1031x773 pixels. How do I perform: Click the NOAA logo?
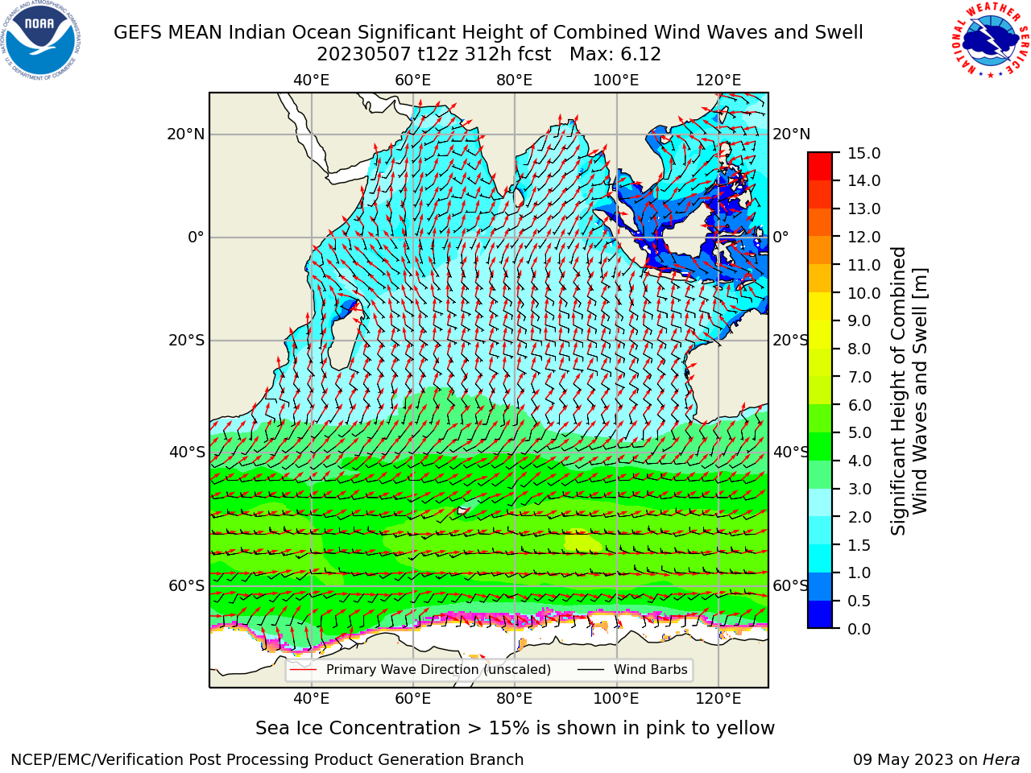pyautogui.click(x=40, y=40)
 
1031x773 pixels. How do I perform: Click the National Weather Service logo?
pyautogui.click(x=990, y=40)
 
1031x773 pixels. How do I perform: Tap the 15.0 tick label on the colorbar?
pyautogui.click(x=863, y=154)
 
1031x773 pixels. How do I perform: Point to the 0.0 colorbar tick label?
pyautogui.click(x=859, y=629)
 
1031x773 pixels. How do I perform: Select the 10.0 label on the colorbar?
pyautogui.click(x=863, y=293)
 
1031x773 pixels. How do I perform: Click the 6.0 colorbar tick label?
pyautogui.click(x=859, y=405)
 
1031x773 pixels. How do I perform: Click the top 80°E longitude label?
pyautogui.click(x=515, y=81)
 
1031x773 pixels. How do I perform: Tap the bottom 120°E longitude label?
pyautogui.click(x=718, y=698)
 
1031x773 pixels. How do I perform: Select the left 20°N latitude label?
pyautogui.click(x=186, y=134)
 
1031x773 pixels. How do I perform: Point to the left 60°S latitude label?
pyautogui.click(x=187, y=585)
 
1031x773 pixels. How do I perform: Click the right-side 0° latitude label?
pyautogui.click(x=780, y=237)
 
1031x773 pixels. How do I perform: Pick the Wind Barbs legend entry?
pyautogui.click(x=632, y=670)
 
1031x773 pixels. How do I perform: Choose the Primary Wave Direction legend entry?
pyautogui.click(x=420, y=670)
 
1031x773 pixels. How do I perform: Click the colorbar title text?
pyautogui.click(x=909, y=391)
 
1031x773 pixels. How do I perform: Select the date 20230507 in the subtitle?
pyautogui.click(x=364, y=55)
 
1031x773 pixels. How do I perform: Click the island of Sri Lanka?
pyautogui.click(x=519, y=197)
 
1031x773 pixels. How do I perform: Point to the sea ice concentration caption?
pyautogui.click(x=515, y=728)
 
